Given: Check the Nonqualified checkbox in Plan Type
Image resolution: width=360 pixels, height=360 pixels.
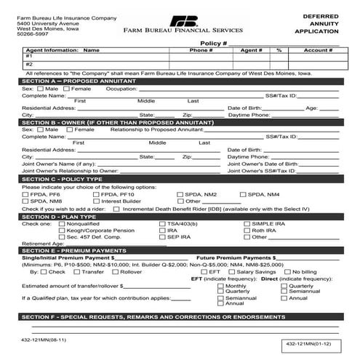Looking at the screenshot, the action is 61,223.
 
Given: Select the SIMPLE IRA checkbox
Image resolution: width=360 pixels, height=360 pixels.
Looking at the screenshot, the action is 248,223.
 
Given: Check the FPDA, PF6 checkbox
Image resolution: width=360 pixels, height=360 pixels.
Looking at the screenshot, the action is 26,195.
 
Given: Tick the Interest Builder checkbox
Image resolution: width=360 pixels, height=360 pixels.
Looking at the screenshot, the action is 96,201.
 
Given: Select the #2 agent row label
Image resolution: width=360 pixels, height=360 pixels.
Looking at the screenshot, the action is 29,64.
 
